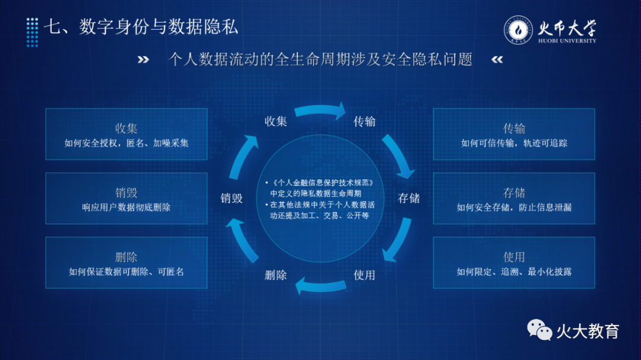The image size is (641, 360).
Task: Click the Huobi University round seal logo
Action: (x=518, y=30)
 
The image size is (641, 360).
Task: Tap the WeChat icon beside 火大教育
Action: (x=539, y=330)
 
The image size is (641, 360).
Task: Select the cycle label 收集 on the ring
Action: (x=275, y=122)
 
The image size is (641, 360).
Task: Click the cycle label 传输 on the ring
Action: (x=364, y=122)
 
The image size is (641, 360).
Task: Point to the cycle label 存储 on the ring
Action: (x=409, y=198)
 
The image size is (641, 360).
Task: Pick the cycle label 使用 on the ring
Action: (x=364, y=275)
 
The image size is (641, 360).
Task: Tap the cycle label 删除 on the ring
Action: (x=275, y=275)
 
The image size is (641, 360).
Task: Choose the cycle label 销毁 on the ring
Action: (x=231, y=198)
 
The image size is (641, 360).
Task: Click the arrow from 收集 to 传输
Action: (x=320, y=110)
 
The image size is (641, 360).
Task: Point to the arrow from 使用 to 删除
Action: (x=320, y=286)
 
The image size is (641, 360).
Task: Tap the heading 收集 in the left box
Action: (x=126, y=128)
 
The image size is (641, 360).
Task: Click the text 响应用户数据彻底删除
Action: (x=126, y=207)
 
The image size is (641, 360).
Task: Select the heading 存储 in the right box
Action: (x=514, y=193)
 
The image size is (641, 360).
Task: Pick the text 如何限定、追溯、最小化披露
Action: (x=514, y=271)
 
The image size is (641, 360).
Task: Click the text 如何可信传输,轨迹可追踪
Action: (x=514, y=143)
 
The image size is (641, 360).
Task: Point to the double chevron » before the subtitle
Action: (x=143, y=60)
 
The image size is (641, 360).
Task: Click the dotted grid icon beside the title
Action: (x=32, y=32)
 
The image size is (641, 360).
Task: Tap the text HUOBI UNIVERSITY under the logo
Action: (x=567, y=40)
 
